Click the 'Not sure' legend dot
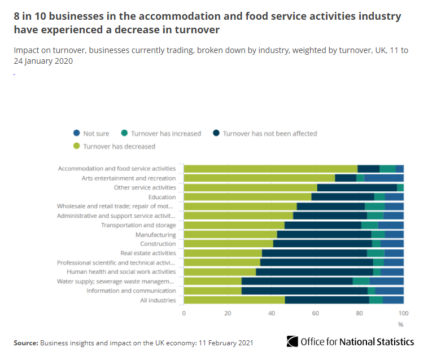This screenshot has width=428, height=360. [76, 134]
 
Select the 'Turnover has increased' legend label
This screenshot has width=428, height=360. [165, 134]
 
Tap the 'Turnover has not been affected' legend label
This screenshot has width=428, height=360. [270, 134]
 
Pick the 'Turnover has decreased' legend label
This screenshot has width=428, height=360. [119, 146]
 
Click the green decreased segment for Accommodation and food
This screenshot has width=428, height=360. [270, 169]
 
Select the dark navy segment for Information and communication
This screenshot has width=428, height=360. [304, 291]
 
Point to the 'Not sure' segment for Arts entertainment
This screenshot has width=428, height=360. [383, 178]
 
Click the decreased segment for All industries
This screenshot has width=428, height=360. [234, 300]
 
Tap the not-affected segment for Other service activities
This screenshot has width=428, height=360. [357, 187]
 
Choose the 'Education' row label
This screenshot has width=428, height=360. [162, 197]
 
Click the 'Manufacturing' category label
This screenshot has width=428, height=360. [155, 235]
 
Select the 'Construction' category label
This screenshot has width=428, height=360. [158, 244]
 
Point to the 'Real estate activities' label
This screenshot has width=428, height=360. [148, 253]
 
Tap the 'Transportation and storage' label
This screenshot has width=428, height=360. [138, 225]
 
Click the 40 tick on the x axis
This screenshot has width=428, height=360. [272, 313]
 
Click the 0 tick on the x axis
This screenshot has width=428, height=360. [184, 313]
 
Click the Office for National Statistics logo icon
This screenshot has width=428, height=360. [292, 341]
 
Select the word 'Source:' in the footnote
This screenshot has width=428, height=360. [25, 343]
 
